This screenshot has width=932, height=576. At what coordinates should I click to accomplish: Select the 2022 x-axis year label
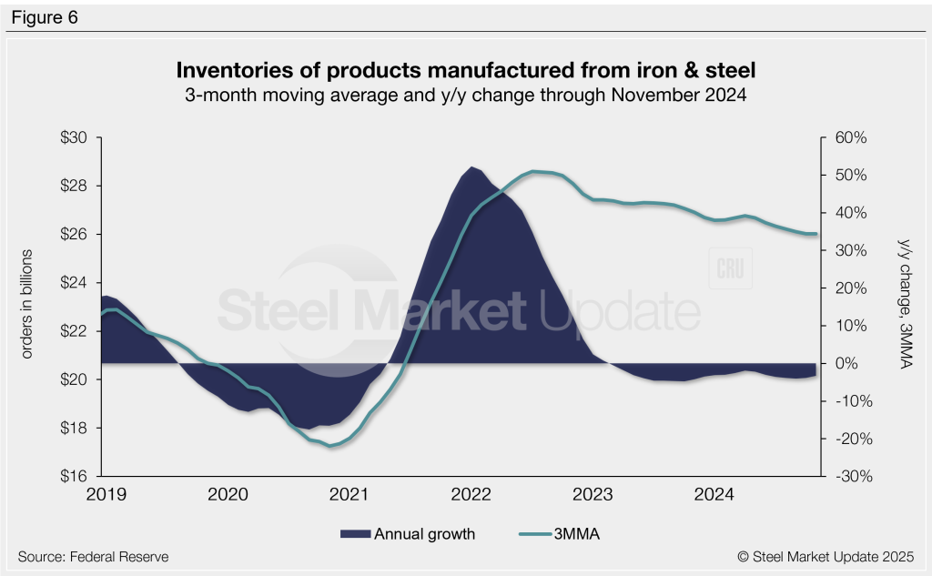coord(471,495)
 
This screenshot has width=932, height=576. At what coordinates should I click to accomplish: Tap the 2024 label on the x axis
coord(714,495)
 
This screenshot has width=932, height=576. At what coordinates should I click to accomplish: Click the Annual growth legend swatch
coord(355,534)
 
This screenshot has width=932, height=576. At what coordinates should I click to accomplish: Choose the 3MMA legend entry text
coord(575,534)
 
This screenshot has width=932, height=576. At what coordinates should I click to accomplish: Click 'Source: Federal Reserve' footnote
coord(93,556)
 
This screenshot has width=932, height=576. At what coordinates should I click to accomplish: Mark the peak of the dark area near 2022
coord(471,167)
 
